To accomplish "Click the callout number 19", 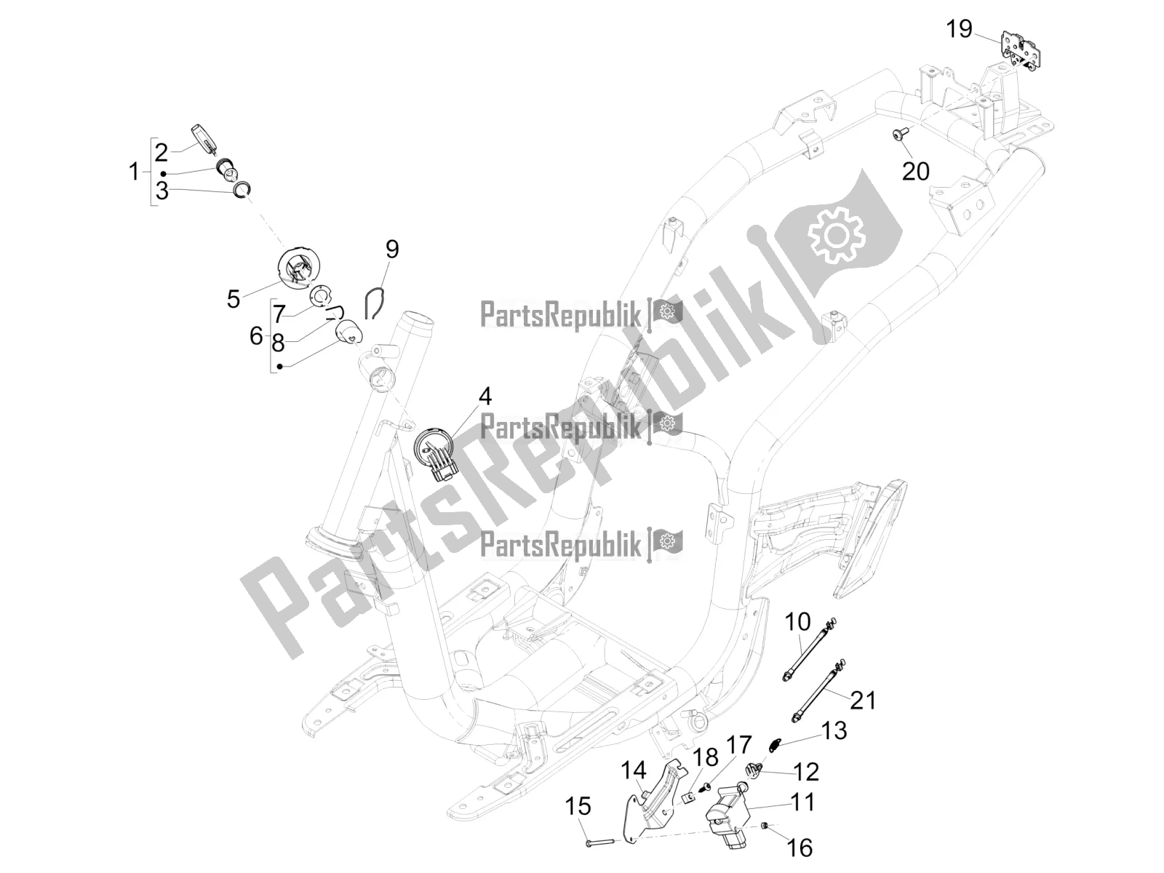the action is click(x=960, y=29).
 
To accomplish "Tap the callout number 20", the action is click(x=916, y=171).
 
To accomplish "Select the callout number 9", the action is click(x=392, y=249).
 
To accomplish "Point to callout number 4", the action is click(x=485, y=396).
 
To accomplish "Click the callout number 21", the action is click(x=863, y=701).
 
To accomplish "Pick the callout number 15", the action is click(x=578, y=807).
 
